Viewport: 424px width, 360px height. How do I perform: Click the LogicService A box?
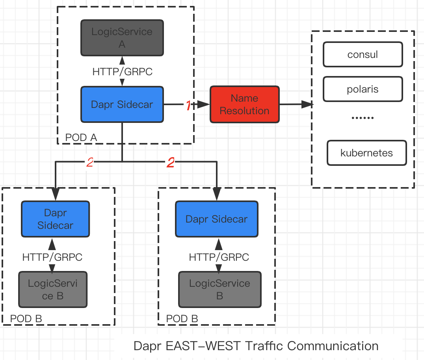[x=122, y=37]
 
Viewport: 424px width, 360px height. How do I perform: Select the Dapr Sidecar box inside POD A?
[x=122, y=104]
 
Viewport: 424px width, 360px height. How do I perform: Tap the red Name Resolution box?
[x=244, y=104]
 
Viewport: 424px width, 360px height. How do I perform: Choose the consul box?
[x=363, y=54]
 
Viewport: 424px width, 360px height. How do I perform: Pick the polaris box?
[x=363, y=89]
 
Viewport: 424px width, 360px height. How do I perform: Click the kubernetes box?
[x=366, y=153]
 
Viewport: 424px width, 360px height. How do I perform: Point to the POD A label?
[x=81, y=137]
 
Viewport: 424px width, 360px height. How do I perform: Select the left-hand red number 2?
[x=90, y=162]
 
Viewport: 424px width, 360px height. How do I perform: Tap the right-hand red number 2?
[x=171, y=162]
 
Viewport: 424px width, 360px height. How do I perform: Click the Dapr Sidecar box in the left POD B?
[x=55, y=219]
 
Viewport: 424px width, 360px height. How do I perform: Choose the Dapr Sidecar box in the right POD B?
[x=216, y=219]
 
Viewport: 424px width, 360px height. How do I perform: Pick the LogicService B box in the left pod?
[x=53, y=289]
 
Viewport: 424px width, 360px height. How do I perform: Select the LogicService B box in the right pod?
[x=219, y=289]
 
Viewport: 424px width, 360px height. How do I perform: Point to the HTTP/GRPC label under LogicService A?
[x=122, y=72]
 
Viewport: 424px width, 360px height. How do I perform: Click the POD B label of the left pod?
[x=26, y=319]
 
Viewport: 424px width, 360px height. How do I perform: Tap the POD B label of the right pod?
[x=182, y=319]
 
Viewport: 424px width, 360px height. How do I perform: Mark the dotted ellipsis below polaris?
[x=363, y=117]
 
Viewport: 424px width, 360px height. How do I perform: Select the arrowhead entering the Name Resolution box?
[x=204, y=104]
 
